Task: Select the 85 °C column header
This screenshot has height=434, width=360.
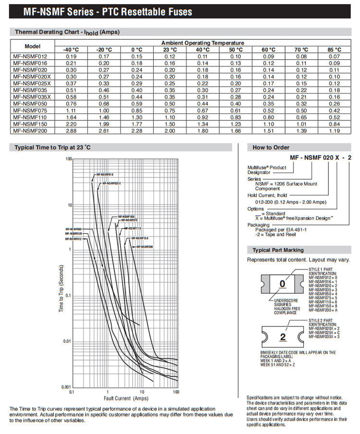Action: (334, 49)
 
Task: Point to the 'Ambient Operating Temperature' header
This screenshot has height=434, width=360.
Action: (202, 43)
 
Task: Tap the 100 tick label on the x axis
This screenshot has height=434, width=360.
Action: (176, 392)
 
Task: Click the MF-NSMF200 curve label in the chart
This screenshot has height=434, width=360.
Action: (144, 246)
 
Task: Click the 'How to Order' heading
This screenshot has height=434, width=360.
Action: (271, 147)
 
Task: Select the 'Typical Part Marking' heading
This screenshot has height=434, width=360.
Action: (278, 250)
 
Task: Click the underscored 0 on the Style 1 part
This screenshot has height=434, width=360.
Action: (282, 284)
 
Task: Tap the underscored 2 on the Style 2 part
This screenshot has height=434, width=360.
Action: (283, 337)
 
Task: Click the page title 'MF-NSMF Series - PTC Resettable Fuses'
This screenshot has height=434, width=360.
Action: (102, 12)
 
